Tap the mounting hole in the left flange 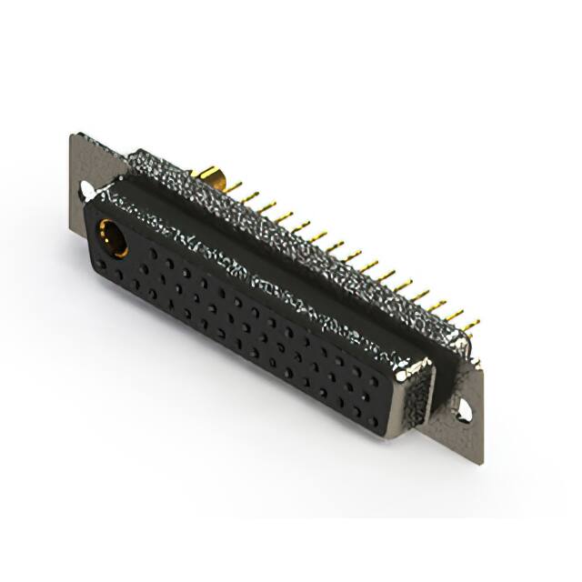tap(87, 190)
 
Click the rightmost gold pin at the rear tap(470, 325)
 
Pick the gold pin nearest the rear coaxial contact tap(234, 187)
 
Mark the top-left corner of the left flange tap(73, 136)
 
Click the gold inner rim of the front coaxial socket tap(106, 229)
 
